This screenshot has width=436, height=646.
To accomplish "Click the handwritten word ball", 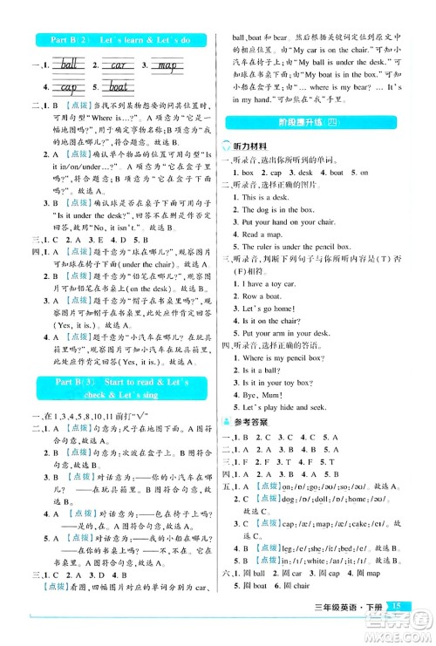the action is (x=68, y=64).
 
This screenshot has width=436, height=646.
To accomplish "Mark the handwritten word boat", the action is (x=122, y=86).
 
